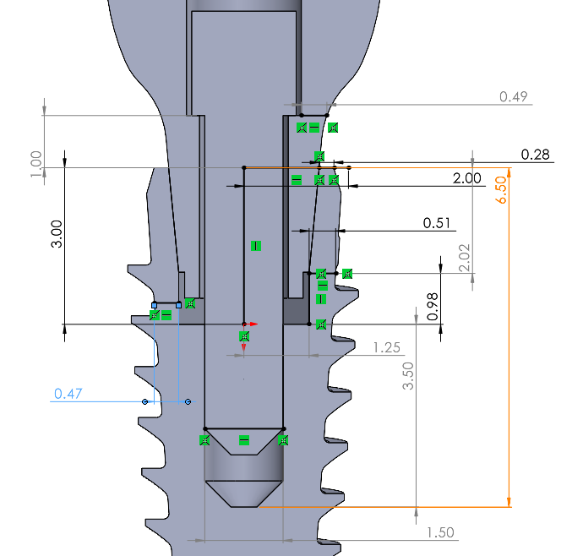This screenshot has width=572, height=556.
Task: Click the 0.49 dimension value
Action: click(513, 96)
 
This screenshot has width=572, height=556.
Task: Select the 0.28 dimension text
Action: click(536, 154)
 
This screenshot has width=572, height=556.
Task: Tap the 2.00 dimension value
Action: click(467, 178)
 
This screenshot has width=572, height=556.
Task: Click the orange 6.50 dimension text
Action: click(502, 189)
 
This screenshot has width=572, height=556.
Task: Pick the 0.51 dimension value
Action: click(437, 223)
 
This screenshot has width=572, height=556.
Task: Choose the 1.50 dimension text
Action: click(441, 532)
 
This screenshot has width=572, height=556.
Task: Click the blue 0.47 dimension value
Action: click(68, 393)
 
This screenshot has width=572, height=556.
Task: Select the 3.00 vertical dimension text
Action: click(55, 232)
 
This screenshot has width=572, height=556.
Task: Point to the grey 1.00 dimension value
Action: click(35, 164)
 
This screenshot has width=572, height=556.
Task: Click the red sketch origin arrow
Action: click(251, 324)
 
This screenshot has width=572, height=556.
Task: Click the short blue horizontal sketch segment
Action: click(166, 303)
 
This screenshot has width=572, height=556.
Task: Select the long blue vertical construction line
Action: click(154, 355)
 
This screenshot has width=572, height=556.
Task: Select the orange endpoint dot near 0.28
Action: click(348, 167)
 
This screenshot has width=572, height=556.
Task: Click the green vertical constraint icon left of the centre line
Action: click(255, 246)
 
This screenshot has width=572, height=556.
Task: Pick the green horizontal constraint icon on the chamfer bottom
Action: click(244, 439)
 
